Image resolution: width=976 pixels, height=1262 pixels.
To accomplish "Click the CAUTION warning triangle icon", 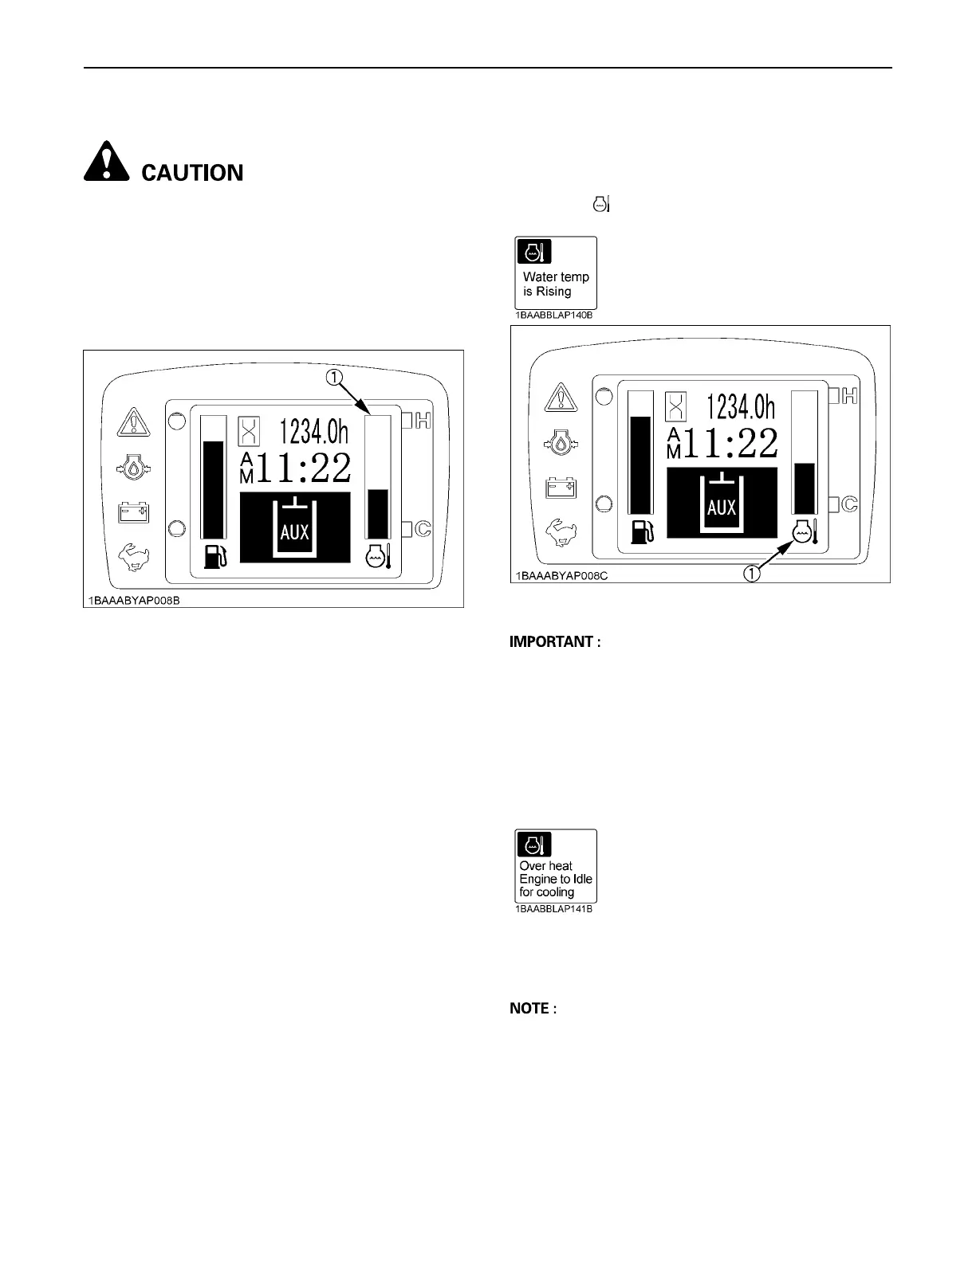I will pyautogui.click(x=105, y=162).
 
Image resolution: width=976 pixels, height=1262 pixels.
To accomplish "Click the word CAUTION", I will pyautogui.click(x=192, y=173).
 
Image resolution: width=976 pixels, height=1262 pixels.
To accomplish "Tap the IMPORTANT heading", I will pyautogui.click(x=555, y=642).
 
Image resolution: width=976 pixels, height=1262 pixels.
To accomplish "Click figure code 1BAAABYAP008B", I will pyautogui.click(x=134, y=601).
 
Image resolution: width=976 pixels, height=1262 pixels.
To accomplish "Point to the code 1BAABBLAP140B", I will pyautogui.click(x=553, y=315).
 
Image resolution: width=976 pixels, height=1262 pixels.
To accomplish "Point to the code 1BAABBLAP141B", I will pyautogui.click(x=553, y=909).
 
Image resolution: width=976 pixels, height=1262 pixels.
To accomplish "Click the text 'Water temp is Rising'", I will pyautogui.click(x=556, y=284).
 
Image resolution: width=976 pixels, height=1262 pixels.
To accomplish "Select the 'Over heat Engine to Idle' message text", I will pyautogui.click(x=556, y=879).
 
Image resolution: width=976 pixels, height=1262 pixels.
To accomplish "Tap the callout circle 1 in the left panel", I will pyautogui.click(x=333, y=377).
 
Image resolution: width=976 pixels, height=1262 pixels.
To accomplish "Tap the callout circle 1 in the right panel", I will pyautogui.click(x=752, y=571).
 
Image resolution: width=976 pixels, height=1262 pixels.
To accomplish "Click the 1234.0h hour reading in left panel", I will pyautogui.click(x=313, y=432).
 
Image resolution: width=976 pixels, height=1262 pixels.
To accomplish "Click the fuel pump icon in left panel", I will pyautogui.click(x=214, y=555).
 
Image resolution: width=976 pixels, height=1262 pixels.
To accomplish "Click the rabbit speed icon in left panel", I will pyautogui.click(x=134, y=557).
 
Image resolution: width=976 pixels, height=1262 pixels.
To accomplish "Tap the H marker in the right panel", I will pyautogui.click(x=848, y=395).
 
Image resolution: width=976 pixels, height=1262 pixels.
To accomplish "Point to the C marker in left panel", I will pyautogui.click(x=422, y=528).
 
